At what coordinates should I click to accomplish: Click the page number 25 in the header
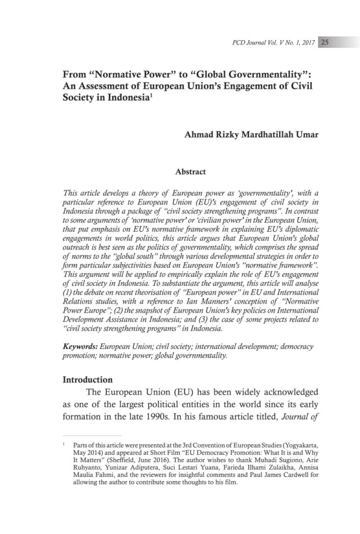[x=324, y=42]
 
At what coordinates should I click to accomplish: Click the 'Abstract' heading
[x=190, y=172]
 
